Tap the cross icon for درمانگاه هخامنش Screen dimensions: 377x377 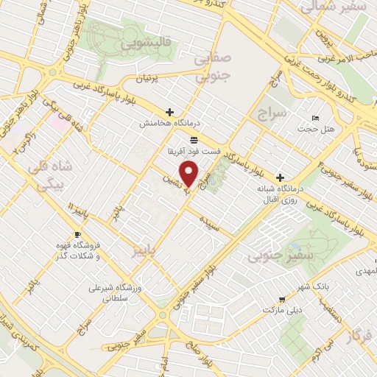[x=170, y=113]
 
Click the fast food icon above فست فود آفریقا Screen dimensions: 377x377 [x=194, y=139]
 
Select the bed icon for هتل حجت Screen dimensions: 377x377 [x=316, y=119]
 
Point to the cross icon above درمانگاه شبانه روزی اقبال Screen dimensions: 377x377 [x=280, y=177]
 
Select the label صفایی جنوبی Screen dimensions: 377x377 [x=211, y=66]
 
